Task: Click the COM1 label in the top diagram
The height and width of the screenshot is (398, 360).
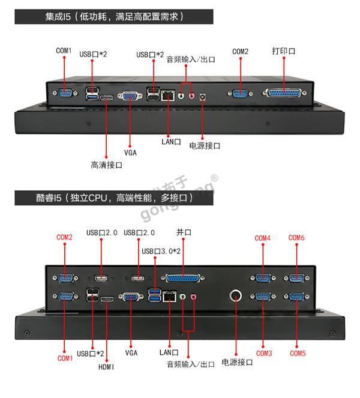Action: pyautogui.click(x=64, y=51)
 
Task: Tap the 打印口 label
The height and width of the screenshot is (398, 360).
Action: pyautogui.click(x=283, y=52)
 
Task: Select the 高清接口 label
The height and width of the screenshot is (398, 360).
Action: pyautogui.click(x=106, y=165)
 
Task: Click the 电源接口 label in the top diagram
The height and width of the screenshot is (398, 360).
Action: pyautogui.click(x=205, y=146)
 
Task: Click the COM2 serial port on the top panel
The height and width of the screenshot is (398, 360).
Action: pyautogui.click(x=240, y=93)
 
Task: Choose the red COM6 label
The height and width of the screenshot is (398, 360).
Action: pyautogui.click(x=296, y=238)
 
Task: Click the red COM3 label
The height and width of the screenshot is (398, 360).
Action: pyautogui.click(x=264, y=354)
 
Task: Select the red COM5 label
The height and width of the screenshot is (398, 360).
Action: pyautogui.click(x=298, y=354)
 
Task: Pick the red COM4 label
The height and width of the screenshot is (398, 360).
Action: pyautogui.click(x=263, y=238)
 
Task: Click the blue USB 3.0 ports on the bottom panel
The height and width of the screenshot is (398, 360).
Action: pyautogui.click(x=155, y=295)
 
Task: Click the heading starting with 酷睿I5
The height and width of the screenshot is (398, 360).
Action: pyautogui.click(x=113, y=197)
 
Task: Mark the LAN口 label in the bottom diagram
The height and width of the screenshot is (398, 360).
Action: pyautogui.click(x=170, y=352)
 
